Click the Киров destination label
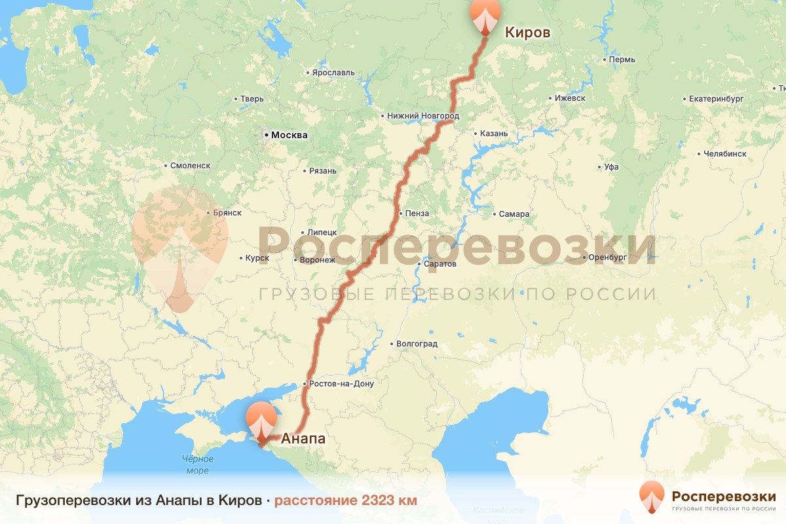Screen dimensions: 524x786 (x=527, y=32)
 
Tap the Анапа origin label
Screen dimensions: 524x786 (x=303, y=440)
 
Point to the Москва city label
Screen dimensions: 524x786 (x=289, y=136)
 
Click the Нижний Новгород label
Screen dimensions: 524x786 (x=423, y=116)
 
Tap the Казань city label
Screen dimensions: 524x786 (x=493, y=134)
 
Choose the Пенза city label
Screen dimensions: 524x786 (x=417, y=214)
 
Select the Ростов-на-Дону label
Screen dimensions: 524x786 (x=342, y=384)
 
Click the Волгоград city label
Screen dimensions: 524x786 (x=417, y=344)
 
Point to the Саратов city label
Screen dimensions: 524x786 (x=440, y=264)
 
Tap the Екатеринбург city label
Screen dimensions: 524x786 (x=716, y=99)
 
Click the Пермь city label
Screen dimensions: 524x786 (x=622, y=60)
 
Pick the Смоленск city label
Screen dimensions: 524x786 (x=190, y=166)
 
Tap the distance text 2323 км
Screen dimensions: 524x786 (x=345, y=501)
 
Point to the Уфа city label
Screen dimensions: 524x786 (x=612, y=167)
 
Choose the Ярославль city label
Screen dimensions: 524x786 (x=333, y=72)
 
